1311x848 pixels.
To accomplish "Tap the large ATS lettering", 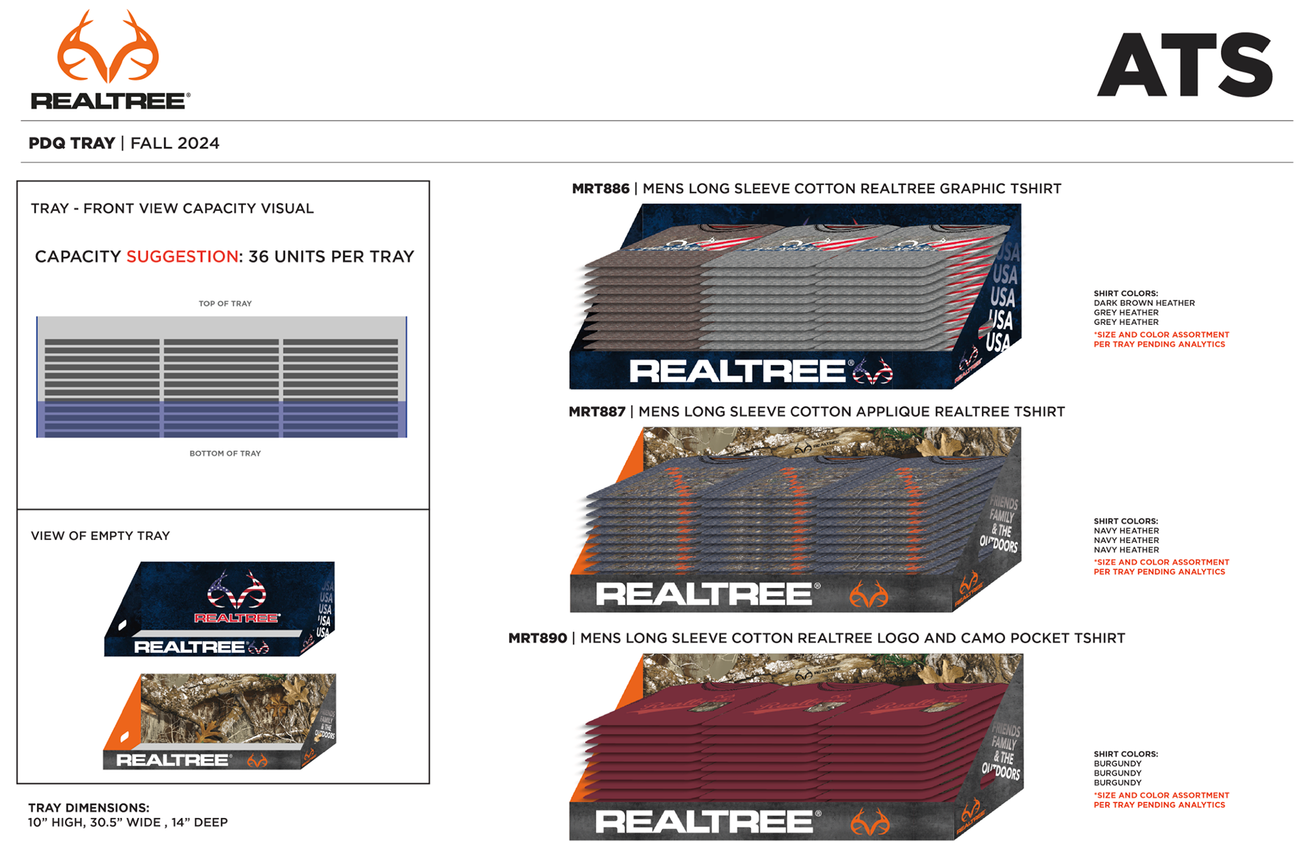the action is click(x=1185, y=65).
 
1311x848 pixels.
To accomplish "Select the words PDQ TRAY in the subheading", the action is click(x=72, y=143).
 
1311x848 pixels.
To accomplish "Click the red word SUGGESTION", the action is click(x=182, y=257).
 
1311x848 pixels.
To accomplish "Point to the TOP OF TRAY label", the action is click(x=225, y=304).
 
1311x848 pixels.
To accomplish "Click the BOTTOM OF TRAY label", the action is click(x=225, y=453).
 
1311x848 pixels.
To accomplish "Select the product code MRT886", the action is click(x=600, y=189).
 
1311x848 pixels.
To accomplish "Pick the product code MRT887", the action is click(x=597, y=412).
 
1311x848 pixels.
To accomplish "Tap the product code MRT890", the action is click(x=537, y=638).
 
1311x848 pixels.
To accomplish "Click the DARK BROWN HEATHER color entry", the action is click(x=1144, y=303).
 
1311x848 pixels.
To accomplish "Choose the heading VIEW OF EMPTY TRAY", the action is click(x=100, y=536).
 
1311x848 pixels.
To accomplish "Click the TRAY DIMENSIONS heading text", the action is click(x=89, y=808).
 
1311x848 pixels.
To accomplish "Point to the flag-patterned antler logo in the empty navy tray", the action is click(x=236, y=590).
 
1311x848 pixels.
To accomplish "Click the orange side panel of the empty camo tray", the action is click(x=125, y=717).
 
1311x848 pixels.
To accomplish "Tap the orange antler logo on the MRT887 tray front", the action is click(x=869, y=595).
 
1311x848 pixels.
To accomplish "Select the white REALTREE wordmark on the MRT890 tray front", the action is click(x=704, y=822).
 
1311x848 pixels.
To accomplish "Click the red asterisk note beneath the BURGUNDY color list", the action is click(x=1161, y=800).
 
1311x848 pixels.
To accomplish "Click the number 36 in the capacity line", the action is click(x=258, y=257).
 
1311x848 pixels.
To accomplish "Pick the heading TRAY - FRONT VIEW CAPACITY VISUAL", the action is click(x=172, y=209).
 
